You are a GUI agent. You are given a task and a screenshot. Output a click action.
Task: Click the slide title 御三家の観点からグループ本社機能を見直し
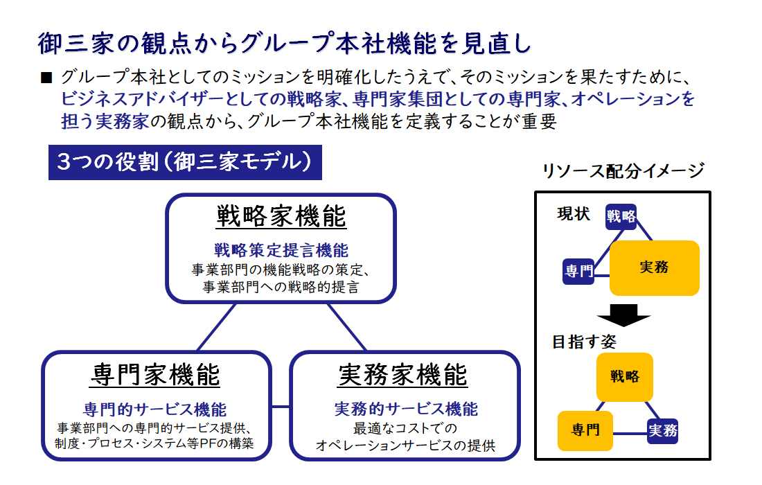[285, 43]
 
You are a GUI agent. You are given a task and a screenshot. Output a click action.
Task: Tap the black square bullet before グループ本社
[46, 78]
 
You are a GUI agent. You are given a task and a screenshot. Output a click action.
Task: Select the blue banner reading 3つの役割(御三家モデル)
[185, 162]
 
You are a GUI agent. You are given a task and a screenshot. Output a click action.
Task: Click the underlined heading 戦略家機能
[281, 216]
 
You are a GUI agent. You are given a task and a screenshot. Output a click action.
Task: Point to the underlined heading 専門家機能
[154, 375]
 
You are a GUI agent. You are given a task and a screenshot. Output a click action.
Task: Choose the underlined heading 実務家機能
[402, 375]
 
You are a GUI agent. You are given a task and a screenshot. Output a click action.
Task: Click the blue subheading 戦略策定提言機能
[281, 250]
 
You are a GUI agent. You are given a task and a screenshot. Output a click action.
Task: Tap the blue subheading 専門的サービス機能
[154, 409]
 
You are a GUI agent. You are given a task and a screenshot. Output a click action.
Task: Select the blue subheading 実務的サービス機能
[406, 409]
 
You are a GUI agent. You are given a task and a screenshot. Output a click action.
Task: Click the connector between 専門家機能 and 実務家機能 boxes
[281, 406]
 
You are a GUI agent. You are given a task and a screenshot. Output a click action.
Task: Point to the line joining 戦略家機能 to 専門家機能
[216, 327]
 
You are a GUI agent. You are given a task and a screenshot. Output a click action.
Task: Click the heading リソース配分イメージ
[623, 170]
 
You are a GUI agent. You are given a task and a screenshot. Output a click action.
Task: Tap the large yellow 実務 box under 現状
[654, 267]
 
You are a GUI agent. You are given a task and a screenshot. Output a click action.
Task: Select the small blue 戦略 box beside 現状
[621, 217]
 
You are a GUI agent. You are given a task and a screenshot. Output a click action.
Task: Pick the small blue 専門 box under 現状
[578, 271]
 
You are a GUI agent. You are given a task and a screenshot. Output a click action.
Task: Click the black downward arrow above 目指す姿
[623, 315]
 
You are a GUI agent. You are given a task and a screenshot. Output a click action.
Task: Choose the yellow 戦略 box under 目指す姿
[624, 377]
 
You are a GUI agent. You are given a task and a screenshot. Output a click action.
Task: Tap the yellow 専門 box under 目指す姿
[585, 430]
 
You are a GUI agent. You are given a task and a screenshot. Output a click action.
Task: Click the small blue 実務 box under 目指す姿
[663, 431]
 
